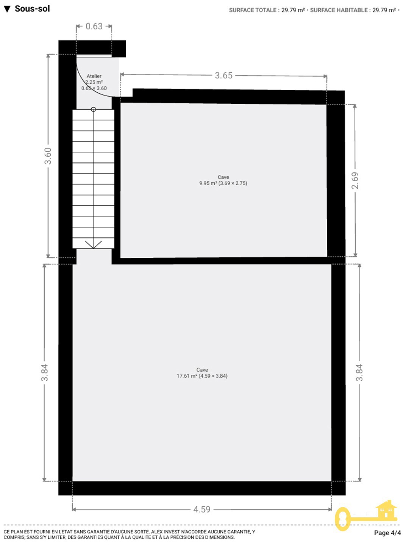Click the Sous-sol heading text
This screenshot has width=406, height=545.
coord(32,9)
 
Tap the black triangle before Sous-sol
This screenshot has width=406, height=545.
coord(7,9)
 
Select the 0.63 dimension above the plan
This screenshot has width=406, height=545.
coord(94,26)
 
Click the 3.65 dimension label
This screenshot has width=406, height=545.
coord(223,75)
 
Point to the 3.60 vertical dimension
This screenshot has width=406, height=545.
coord(48,156)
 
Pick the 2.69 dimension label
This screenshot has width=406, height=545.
coord(355,181)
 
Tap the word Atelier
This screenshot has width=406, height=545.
coord(94,76)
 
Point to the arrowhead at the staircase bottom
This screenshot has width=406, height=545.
coord(94,244)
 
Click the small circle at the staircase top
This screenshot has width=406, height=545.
coord(94,109)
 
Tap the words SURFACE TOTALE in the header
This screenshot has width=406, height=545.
coord(253,10)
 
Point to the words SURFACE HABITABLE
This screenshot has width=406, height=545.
coord(339,10)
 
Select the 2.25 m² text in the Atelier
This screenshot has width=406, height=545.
coord(94,82)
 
